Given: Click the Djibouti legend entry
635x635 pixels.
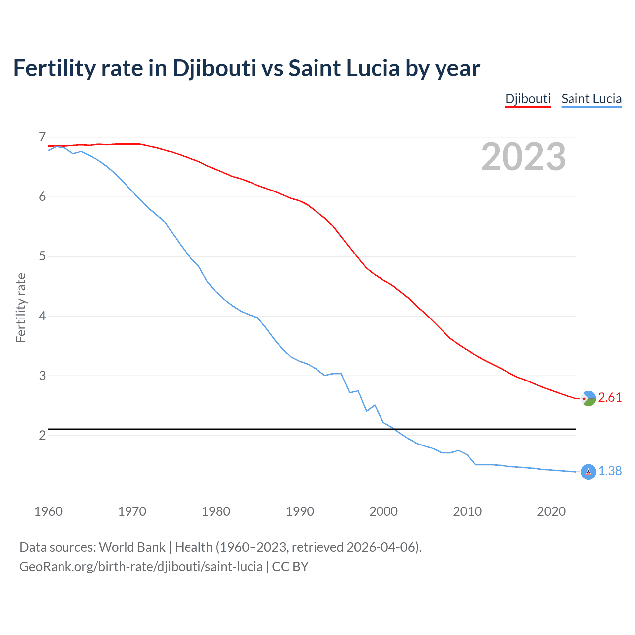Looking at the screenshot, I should (x=528, y=99).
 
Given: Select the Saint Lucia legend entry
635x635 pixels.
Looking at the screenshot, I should (x=591, y=99).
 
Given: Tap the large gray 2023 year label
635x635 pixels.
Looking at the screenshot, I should (x=523, y=157).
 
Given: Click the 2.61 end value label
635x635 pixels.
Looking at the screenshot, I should (x=610, y=398).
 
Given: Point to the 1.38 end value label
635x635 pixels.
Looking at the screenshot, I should (x=610, y=471).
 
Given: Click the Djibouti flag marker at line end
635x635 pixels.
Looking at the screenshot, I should (x=588, y=398).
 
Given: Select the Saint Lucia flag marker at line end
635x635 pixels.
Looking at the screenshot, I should (x=588, y=472).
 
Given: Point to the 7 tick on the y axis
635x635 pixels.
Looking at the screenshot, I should (x=42, y=137).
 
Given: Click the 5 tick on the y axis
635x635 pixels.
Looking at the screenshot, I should (x=42, y=256).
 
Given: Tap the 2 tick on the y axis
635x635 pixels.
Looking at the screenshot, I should (x=42, y=435).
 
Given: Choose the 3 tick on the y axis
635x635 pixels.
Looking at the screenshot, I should (x=42, y=376).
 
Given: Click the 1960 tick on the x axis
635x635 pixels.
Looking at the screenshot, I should (x=48, y=511).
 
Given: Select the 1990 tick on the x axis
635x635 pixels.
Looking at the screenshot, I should (x=300, y=511).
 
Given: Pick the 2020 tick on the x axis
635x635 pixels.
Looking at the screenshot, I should (x=551, y=511).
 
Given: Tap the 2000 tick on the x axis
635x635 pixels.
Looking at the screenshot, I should (x=383, y=511).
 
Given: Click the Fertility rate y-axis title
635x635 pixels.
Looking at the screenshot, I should (x=21, y=308).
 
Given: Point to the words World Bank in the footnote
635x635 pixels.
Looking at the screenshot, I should (x=132, y=547).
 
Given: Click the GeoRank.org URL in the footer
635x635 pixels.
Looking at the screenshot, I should (x=141, y=567).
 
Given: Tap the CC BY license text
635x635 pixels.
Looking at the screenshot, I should (x=290, y=567).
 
